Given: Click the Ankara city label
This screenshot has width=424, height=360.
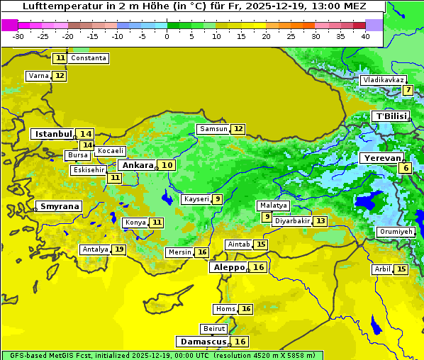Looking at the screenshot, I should (x=136, y=165).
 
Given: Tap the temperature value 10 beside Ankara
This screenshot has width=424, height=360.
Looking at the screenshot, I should (x=166, y=165).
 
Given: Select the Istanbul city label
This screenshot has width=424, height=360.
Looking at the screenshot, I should (x=53, y=134).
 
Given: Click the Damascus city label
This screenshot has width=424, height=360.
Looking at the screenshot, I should (x=203, y=342).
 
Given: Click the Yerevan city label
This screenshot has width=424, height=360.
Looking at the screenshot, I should (x=381, y=158).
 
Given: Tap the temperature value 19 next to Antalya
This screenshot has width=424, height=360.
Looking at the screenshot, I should (x=119, y=249).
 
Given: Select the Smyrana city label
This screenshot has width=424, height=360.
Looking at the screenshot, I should (x=60, y=207).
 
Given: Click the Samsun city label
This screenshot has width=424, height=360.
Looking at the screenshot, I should (x=213, y=129).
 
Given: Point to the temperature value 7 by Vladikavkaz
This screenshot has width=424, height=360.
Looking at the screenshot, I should (x=408, y=90).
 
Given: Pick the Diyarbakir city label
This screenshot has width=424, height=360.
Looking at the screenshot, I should (x=292, y=221).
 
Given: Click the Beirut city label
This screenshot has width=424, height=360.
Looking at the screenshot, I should (x=213, y=329).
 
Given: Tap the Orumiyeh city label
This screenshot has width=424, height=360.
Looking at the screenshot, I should (x=395, y=232).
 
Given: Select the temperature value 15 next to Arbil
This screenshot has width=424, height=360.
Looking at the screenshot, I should (x=401, y=269).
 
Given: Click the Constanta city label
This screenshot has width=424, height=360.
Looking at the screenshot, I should (x=89, y=58).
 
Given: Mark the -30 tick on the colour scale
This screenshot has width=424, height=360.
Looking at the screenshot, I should (x=18, y=36).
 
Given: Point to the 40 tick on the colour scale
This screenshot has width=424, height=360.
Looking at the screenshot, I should (x=365, y=36).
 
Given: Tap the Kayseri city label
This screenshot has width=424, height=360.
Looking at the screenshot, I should (x=196, y=199).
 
